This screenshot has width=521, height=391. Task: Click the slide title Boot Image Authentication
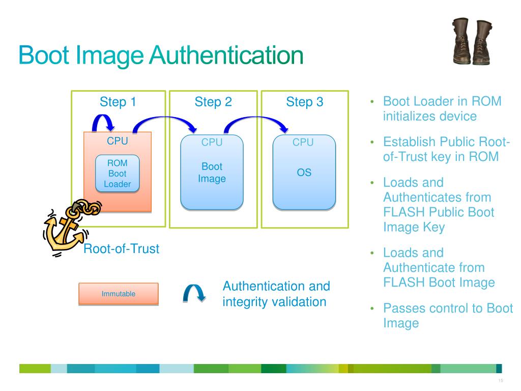161,55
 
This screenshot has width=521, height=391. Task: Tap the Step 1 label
118,102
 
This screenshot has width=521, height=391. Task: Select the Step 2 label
213,102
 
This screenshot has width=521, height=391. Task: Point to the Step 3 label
304,102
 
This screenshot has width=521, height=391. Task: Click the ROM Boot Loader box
118,174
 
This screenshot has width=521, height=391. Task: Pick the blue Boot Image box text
212,173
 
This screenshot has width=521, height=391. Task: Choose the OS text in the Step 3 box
304,173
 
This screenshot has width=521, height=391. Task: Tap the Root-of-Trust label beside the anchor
121,249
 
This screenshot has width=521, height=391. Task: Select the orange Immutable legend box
118,294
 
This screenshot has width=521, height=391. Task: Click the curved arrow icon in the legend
194,293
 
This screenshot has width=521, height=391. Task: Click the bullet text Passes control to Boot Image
448,316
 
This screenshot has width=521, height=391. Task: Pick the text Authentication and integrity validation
276,294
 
